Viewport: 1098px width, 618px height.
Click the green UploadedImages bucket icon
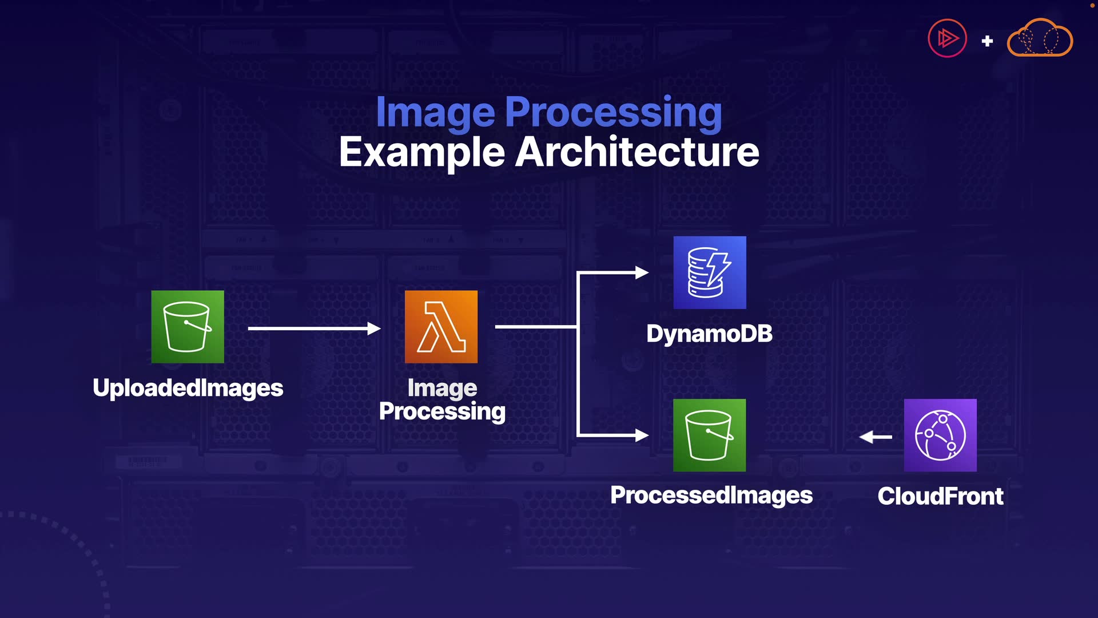pos(188,327)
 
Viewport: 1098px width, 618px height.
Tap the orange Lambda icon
pos(441,327)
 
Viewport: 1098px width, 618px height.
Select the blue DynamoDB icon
pos(710,272)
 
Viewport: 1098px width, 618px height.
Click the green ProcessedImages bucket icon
pos(709,435)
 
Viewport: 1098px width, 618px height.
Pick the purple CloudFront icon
pos(940,435)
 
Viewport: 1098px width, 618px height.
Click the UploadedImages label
pos(188,388)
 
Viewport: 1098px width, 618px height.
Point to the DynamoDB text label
pos(709,334)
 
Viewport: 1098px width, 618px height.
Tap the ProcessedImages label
pos(711,496)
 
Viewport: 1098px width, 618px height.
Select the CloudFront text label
pos(940,496)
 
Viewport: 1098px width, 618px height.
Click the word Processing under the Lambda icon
pos(442,411)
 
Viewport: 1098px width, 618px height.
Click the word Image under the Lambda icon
pos(442,388)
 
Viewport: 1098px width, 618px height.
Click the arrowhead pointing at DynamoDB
pos(642,272)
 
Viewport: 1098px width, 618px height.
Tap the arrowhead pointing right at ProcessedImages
pos(642,435)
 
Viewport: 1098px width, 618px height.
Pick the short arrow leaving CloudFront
pos(875,437)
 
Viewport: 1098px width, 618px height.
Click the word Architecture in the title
pos(637,152)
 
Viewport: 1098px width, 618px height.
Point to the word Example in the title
pos(422,152)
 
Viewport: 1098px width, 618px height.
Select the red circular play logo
pos(947,39)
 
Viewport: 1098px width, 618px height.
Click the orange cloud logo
pos(1040,38)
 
